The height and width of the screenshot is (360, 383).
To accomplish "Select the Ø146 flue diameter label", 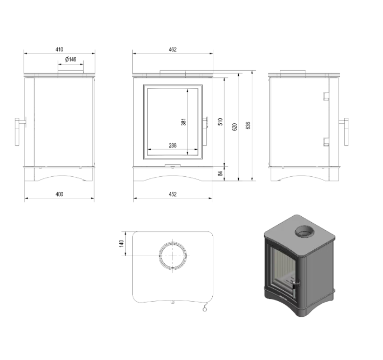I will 70,59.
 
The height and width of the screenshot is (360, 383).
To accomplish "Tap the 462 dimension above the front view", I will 172,49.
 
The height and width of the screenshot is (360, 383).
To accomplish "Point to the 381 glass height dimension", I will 184,122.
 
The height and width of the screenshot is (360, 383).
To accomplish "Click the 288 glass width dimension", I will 172,145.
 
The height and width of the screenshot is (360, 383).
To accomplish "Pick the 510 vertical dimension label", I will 220,122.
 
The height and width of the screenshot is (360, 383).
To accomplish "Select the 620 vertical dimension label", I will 234,127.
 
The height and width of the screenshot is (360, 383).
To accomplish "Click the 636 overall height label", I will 248,125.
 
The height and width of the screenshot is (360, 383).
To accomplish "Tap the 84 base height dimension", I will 220,173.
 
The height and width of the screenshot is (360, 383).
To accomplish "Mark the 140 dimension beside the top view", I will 122,244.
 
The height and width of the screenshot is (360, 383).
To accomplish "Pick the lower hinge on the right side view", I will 326,142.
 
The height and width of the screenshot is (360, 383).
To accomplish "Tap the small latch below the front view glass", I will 171,164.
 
